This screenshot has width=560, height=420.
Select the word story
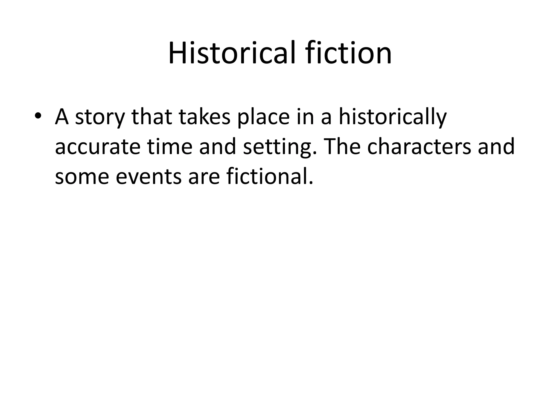pos(100,117)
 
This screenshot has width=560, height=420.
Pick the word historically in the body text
pos(393,117)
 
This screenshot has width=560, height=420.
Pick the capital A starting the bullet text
pos(62,116)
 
